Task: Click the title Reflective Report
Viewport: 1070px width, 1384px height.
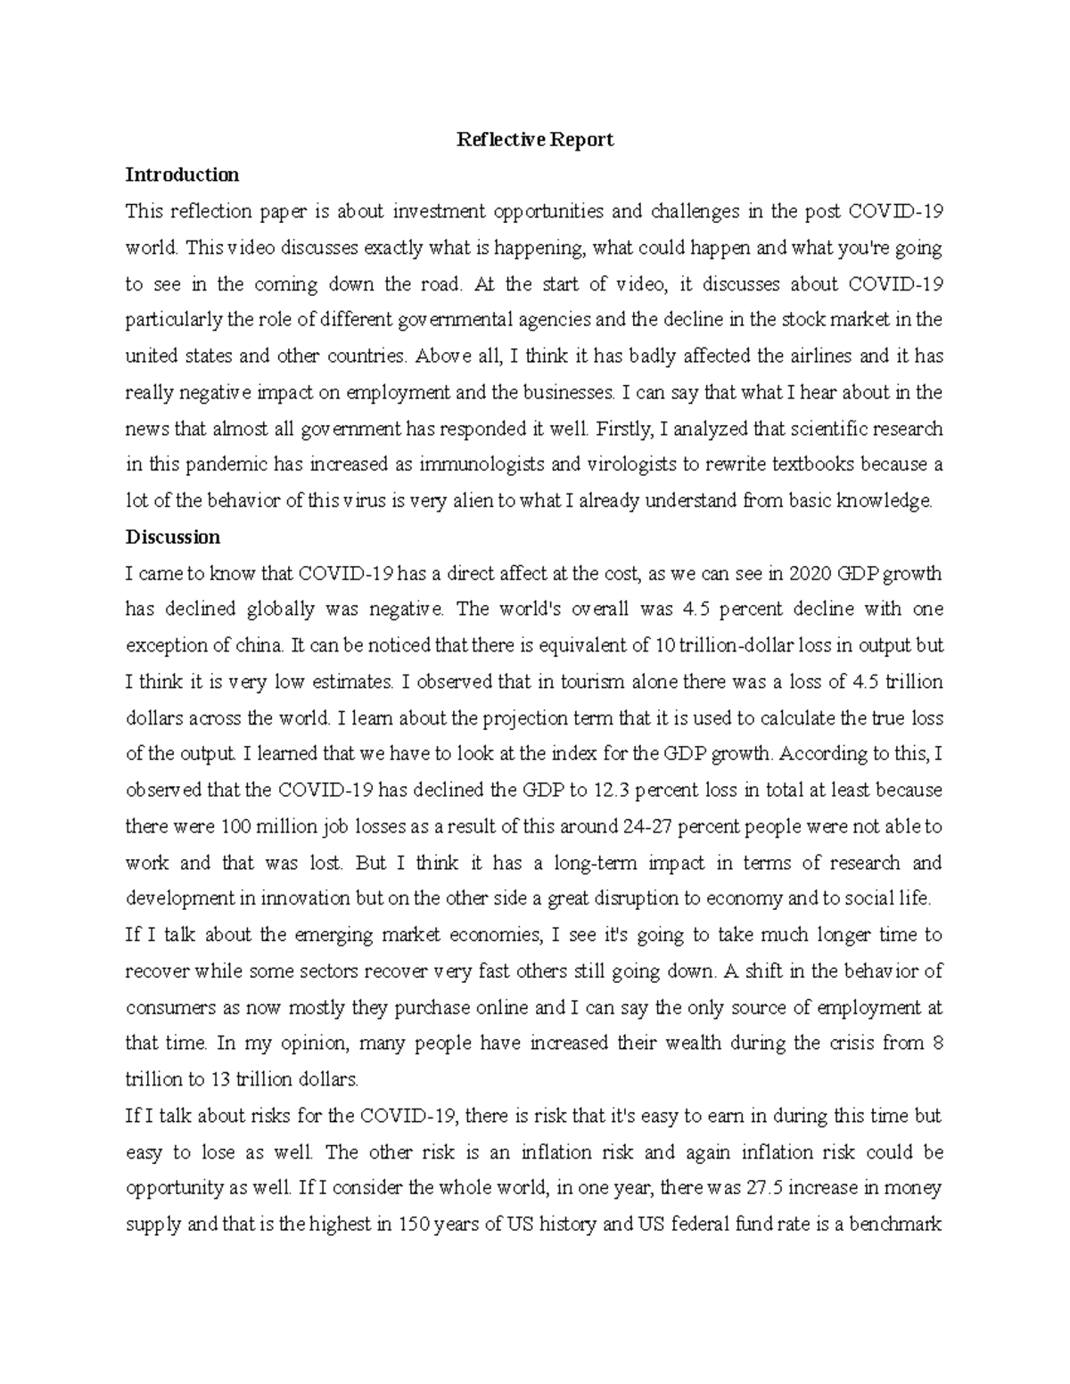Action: (534, 140)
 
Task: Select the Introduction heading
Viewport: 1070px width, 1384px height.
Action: (182, 175)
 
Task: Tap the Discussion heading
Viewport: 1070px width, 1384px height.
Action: (172, 537)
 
